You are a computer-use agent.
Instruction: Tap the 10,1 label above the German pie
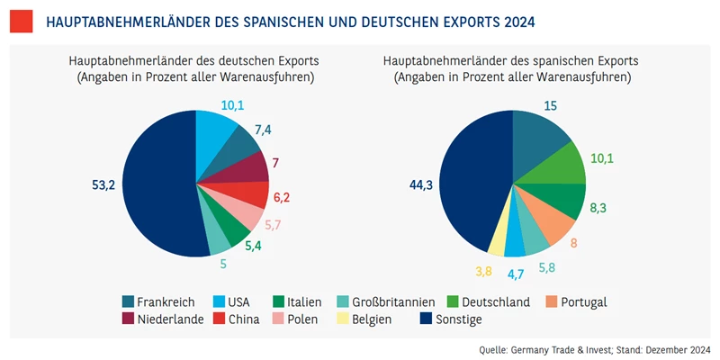click(232, 105)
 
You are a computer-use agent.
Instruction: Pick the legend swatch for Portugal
click(552, 301)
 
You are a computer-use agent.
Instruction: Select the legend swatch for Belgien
click(344, 319)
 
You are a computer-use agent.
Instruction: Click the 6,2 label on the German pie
click(282, 196)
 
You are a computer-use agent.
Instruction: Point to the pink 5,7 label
click(274, 224)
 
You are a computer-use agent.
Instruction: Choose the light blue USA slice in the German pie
click(214, 131)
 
